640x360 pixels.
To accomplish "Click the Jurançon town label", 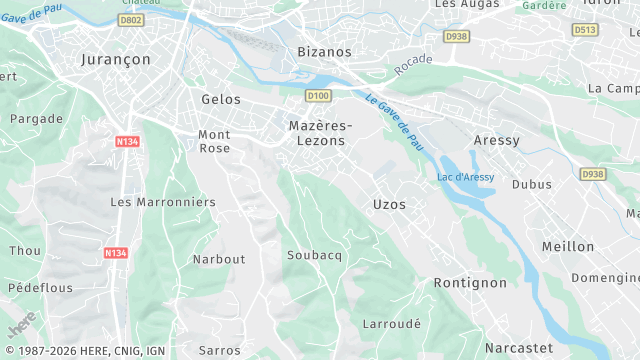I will coord(115,60).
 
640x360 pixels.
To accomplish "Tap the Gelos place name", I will coord(221,99).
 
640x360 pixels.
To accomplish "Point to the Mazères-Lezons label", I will coord(320,133).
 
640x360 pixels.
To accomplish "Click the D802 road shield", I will coord(131,20).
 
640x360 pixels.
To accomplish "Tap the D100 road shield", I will coord(318,95).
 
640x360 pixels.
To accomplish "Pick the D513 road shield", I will coord(585,30).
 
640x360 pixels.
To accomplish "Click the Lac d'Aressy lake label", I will coord(466,177).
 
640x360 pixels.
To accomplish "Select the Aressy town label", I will coord(496,141).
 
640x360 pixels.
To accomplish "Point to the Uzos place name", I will coord(389,204).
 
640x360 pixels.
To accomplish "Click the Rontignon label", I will coord(470,283).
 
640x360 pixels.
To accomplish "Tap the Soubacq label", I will coord(314,255).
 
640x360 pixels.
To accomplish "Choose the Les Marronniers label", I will coord(162,202).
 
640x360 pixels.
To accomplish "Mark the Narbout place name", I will coord(218,259).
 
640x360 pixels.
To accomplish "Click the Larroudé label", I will coord(391,325).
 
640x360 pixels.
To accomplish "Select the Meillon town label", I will coord(567,246).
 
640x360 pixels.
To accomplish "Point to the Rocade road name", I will coord(413,65).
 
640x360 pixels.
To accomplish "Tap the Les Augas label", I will coord(461,4).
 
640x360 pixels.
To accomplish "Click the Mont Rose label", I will coord(214,141).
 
